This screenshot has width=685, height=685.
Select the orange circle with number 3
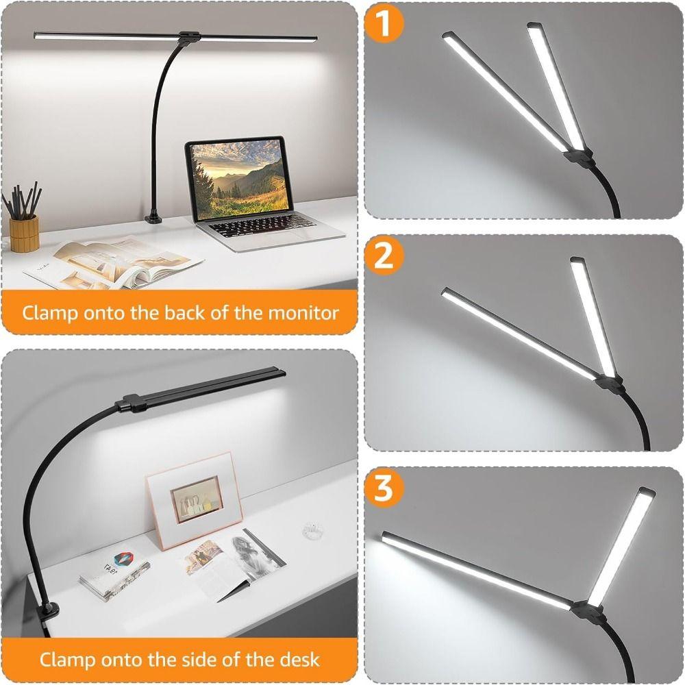tap(385, 489)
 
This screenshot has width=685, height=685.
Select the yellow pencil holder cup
tap(24, 232)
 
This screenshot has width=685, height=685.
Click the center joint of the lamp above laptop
tap(186, 38)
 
